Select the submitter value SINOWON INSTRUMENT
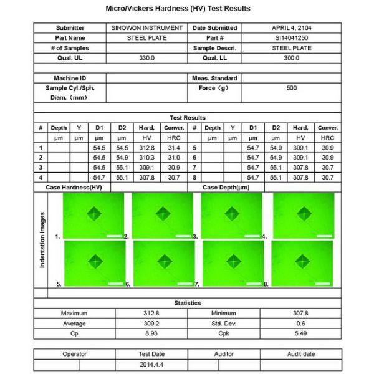tap(146, 28)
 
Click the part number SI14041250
tap(292, 37)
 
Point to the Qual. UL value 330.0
tap(146, 57)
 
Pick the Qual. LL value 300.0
tap(292, 57)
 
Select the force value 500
tap(292, 88)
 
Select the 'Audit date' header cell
tap(300, 354)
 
